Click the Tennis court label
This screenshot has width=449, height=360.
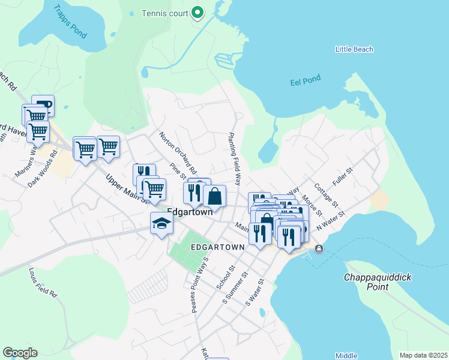pyautogui.click(x=164, y=13)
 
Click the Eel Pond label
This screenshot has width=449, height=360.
pyautogui.click(x=306, y=78)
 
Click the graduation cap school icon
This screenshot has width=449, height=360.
pyautogui.click(x=161, y=224)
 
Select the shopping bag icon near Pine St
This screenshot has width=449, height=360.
pyautogui.click(x=215, y=196)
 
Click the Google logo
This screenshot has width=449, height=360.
pyautogui.click(x=20, y=353)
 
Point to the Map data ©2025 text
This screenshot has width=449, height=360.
pyautogui.click(x=423, y=355)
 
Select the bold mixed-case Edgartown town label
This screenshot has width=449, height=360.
pyautogui.click(x=191, y=212)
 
